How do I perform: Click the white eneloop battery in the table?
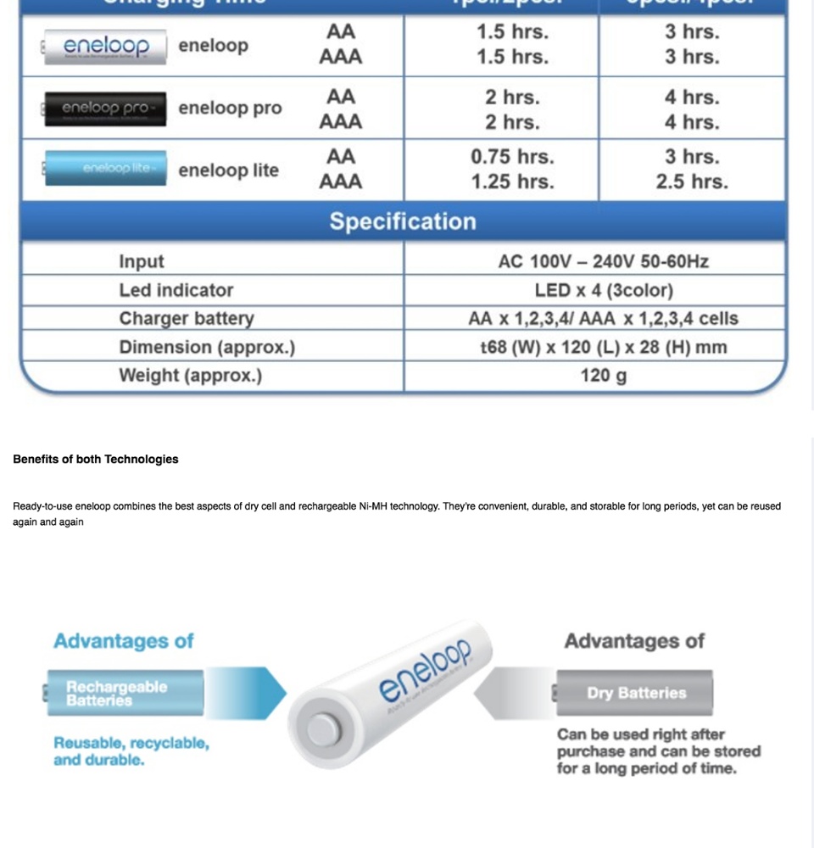105,47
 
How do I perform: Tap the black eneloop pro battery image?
105,109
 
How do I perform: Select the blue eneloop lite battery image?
105,168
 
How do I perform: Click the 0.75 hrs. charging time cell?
512,157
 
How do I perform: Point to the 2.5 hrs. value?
691,181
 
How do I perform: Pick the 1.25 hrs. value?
512,181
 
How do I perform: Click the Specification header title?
403,221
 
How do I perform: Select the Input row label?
142,262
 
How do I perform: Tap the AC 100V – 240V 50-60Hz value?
603,262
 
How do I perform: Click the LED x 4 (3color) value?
603,290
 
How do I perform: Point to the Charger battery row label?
187,319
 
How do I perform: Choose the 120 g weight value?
603,375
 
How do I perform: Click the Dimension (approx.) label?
207,347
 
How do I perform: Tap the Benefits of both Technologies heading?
96,459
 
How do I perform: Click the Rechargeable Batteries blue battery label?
124,693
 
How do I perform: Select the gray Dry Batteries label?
635,693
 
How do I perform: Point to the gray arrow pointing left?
513,694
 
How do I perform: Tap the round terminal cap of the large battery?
323,728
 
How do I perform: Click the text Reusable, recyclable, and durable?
131,751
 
